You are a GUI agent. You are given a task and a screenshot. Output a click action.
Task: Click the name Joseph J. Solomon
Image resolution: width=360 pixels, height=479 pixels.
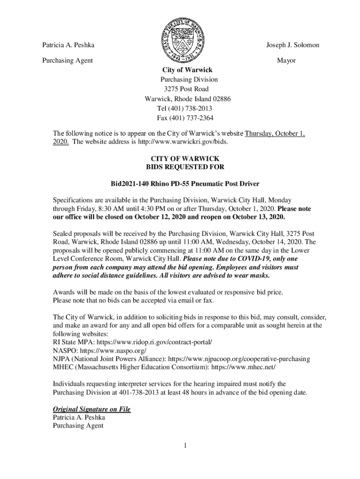point(293,45)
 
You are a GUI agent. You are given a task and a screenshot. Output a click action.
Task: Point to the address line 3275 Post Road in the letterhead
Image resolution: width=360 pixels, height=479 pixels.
point(186,89)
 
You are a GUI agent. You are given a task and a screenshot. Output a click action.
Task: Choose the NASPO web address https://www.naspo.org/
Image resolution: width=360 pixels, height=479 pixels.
point(114,350)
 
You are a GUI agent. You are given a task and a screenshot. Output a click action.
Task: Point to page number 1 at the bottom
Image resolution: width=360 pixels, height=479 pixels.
point(185,445)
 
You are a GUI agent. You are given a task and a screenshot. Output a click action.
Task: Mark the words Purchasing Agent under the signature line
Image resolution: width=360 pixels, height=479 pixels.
point(78,426)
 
